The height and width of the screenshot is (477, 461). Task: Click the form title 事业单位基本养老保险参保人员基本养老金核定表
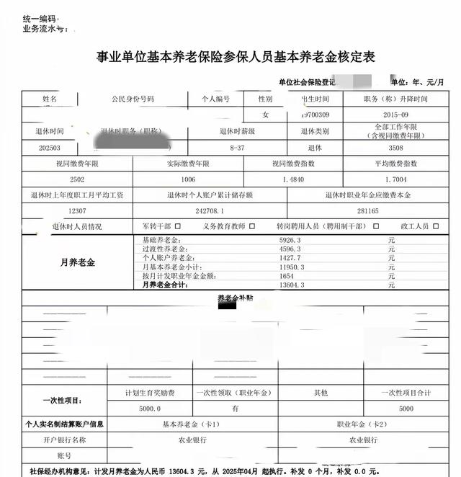coord(236,56)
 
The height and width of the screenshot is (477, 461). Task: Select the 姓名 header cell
coord(50,99)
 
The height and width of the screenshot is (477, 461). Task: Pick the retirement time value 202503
coord(50,147)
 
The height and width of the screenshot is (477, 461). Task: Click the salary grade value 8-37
coord(236,147)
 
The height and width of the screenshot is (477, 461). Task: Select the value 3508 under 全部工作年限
coord(395,147)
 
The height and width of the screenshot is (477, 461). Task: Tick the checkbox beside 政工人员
coord(435,226)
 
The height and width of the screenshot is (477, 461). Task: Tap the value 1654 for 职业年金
coord(287,277)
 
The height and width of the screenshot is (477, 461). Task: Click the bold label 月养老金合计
coord(165,285)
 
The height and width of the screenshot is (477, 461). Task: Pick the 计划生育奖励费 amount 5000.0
coord(149,408)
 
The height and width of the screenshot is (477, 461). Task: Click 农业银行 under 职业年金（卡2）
coord(364,440)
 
